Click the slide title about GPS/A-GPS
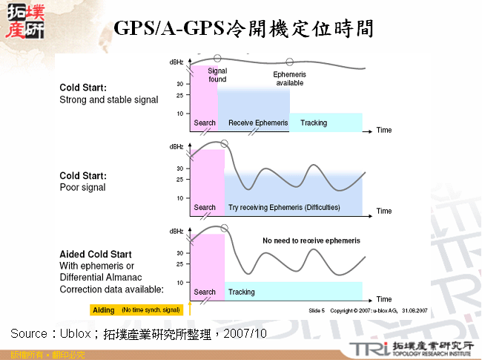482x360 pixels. pos(243,29)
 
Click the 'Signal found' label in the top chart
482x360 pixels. pos(217,75)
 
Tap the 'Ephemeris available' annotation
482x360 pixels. pos(289,79)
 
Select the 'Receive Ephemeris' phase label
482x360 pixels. pos(258,122)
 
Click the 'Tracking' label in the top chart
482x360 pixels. pos(314,122)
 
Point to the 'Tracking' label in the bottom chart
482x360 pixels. pos(242,292)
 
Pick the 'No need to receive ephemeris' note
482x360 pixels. pos(311,241)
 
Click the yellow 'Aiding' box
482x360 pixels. pos(102,309)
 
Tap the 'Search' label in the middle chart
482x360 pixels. pos(205,207)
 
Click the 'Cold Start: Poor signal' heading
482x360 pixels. pos(83,181)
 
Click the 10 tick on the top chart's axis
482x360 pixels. pos(180,114)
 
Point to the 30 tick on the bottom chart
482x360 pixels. pos(180,253)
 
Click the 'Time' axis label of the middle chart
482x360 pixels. pos(384,212)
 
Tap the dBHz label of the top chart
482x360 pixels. pos(176,62)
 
